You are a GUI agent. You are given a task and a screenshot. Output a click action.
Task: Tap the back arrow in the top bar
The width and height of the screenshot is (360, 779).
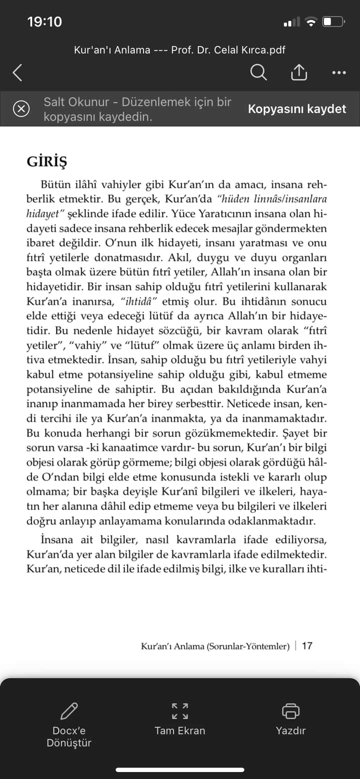point(17,73)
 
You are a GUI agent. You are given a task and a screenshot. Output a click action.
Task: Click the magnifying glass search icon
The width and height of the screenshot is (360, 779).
point(258,73)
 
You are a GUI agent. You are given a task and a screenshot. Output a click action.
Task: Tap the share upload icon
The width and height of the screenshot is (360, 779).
point(298,72)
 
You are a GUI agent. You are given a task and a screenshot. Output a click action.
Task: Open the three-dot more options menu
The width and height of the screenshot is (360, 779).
point(338,73)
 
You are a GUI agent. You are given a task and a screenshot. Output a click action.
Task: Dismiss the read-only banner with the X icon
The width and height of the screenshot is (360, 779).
point(21,108)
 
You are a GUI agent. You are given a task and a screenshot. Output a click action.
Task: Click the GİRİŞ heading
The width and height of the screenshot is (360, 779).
point(46,162)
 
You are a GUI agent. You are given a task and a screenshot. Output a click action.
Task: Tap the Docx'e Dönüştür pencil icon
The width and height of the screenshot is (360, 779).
point(69,711)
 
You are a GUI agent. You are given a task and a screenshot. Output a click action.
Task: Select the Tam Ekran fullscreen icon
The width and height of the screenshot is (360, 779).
point(180,710)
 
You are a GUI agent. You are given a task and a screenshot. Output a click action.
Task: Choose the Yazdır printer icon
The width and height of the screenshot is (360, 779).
point(290,710)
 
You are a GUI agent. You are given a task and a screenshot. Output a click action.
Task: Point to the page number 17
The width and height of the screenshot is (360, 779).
point(307,645)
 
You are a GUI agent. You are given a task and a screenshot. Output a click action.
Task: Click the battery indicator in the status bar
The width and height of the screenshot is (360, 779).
point(333,22)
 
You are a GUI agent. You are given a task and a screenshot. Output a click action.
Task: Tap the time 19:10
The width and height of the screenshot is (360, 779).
point(44,22)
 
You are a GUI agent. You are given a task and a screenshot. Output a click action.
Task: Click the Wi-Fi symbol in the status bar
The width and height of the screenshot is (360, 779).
point(311,22)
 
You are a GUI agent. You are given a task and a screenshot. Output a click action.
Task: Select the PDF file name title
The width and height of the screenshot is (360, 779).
point(180,50)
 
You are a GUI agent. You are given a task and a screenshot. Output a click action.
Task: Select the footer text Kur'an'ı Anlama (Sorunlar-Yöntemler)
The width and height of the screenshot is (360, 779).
point(215,646)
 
